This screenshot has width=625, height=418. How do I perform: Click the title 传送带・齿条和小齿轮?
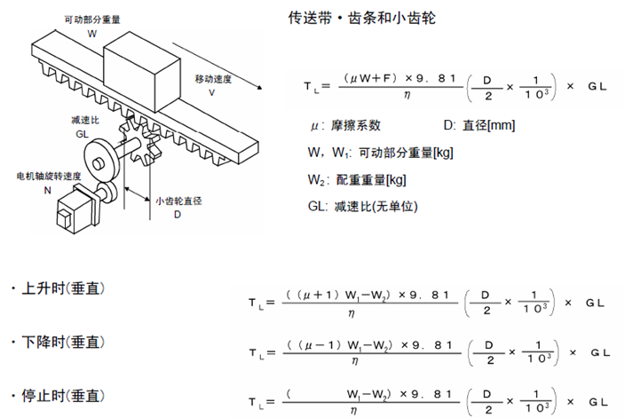362,18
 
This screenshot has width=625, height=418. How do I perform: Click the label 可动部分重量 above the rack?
92,20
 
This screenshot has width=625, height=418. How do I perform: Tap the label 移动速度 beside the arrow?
213,79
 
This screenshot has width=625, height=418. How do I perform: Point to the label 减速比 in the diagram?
85,120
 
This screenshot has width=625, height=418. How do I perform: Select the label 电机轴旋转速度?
49,176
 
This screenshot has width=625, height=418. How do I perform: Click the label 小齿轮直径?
178,201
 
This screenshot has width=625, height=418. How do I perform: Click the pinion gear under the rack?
140,141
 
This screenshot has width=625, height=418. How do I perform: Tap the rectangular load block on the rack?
142,72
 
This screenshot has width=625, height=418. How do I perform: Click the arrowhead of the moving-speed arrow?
260,87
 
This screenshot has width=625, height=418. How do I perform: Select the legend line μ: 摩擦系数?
345,125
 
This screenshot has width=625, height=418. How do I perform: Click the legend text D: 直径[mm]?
479,125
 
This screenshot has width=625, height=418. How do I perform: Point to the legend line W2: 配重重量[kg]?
357,180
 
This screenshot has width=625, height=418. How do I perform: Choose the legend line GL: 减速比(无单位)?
363,207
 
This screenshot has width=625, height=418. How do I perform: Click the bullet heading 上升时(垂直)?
59,288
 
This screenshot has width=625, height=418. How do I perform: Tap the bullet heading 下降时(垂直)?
59,342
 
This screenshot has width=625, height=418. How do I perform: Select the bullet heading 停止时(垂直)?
59,396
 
